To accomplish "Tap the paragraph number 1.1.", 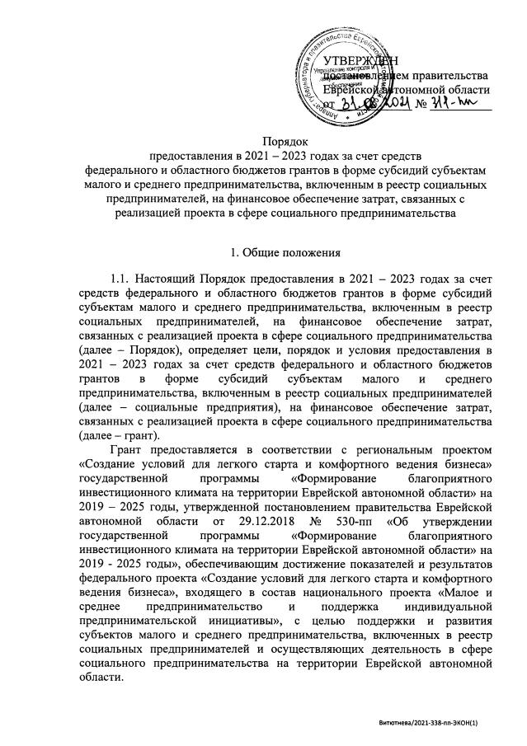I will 120,281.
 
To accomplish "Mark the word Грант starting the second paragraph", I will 128,450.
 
